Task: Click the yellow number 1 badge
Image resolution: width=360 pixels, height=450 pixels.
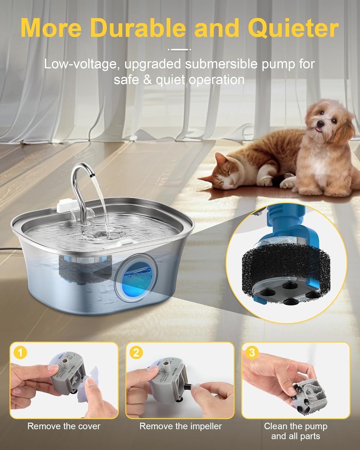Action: tap(20, 352)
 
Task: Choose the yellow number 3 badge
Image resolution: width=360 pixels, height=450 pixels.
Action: tap(252, 352)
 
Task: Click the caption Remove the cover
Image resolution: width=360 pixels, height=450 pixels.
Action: tap(64, 426)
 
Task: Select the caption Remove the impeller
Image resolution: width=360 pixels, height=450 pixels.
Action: tap(180, 426)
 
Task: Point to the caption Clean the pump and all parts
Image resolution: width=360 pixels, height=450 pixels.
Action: tap(295, 431)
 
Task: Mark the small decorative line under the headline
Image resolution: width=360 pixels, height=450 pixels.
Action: tap(180, 49)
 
